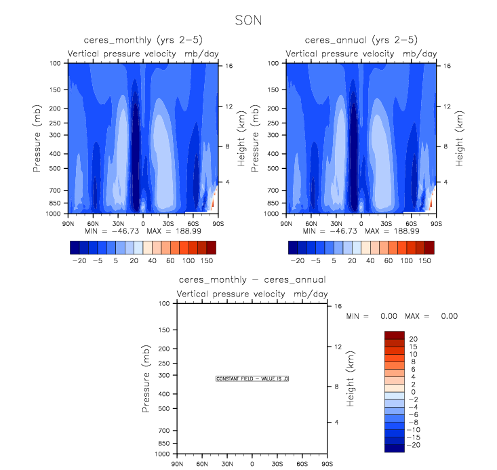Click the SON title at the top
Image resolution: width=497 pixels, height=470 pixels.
tap(247, 20)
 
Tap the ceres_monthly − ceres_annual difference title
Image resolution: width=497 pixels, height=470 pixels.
tap(252, 279)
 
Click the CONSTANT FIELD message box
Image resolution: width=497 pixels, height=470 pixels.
tap(252, 378)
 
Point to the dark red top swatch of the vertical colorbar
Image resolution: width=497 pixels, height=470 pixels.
tap(393, 335)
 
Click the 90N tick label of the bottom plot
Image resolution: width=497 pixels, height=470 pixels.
tap(178, 464)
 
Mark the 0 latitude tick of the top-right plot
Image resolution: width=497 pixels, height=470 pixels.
tap(361, 222)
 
